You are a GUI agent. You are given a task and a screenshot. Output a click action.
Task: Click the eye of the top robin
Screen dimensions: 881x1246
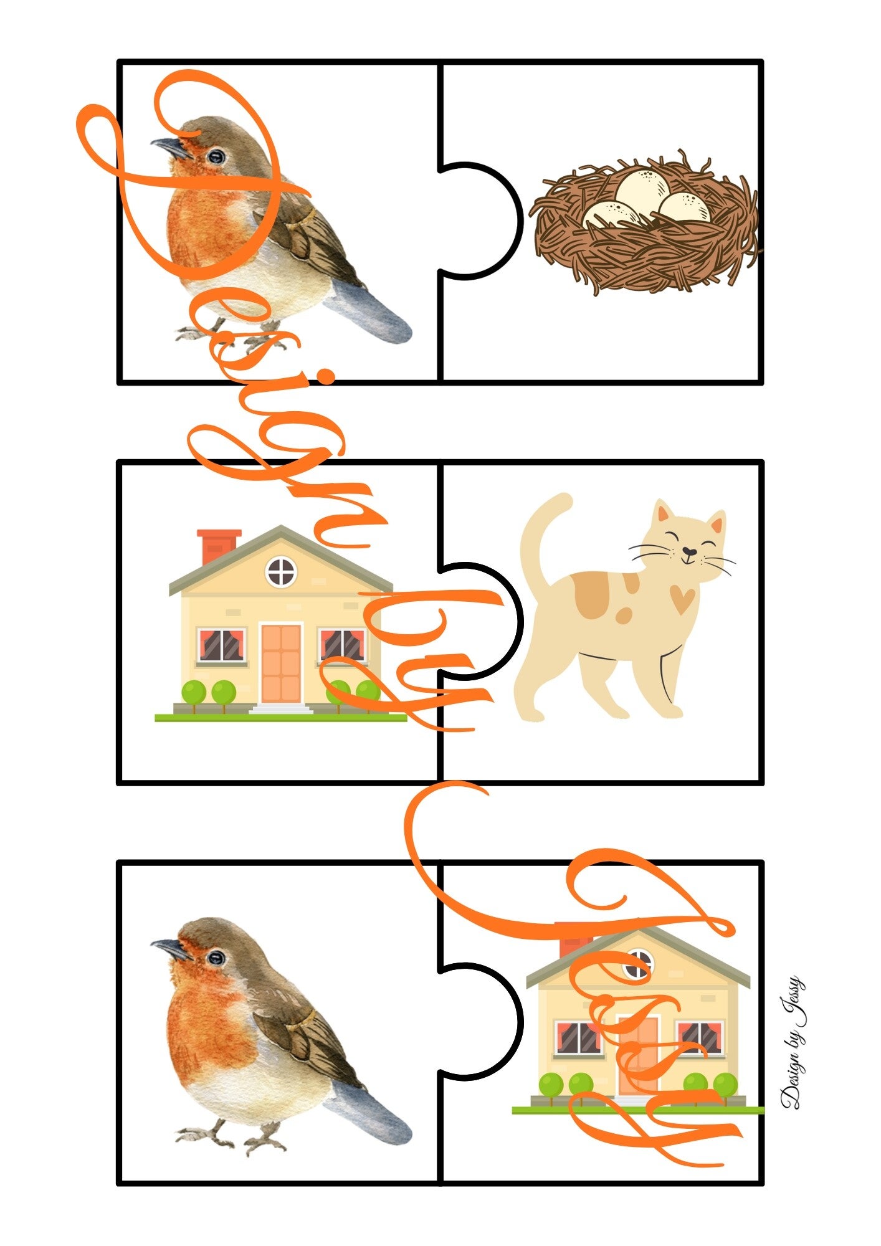pos(216,156)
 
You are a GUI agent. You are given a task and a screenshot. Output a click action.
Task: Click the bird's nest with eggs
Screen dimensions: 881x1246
pos(645,222)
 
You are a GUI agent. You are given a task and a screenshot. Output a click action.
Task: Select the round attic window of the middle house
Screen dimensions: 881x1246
pos(281,571)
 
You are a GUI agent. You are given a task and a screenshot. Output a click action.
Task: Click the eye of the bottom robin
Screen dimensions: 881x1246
pos(216,958)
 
